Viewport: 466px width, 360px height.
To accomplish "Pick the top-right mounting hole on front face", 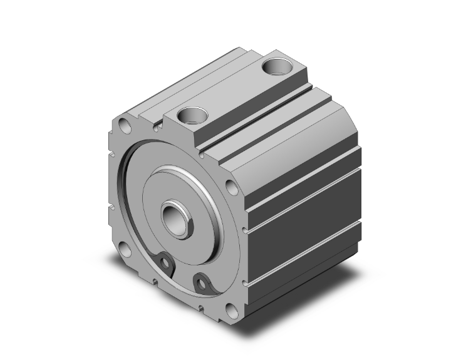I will [231, 187].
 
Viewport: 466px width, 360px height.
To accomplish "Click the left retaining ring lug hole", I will [165, 262].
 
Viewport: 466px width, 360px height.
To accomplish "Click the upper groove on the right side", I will [301, 191].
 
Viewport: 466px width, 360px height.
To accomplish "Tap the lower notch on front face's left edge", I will [111, 209].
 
